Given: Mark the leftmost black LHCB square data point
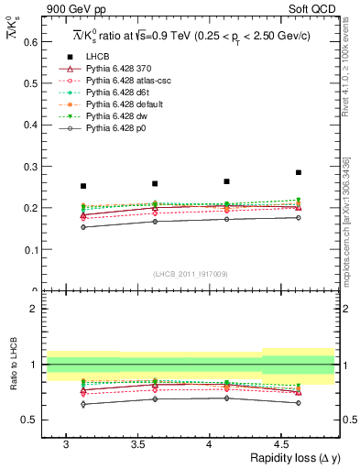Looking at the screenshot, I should pos(83,186).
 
